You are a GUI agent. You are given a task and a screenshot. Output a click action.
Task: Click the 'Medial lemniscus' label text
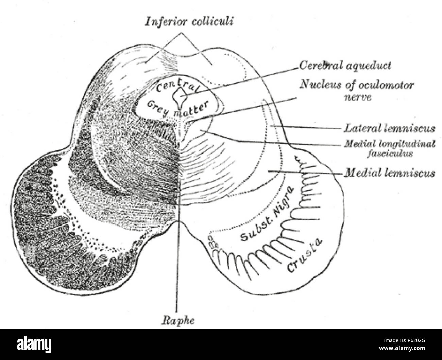tap(390, 173)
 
